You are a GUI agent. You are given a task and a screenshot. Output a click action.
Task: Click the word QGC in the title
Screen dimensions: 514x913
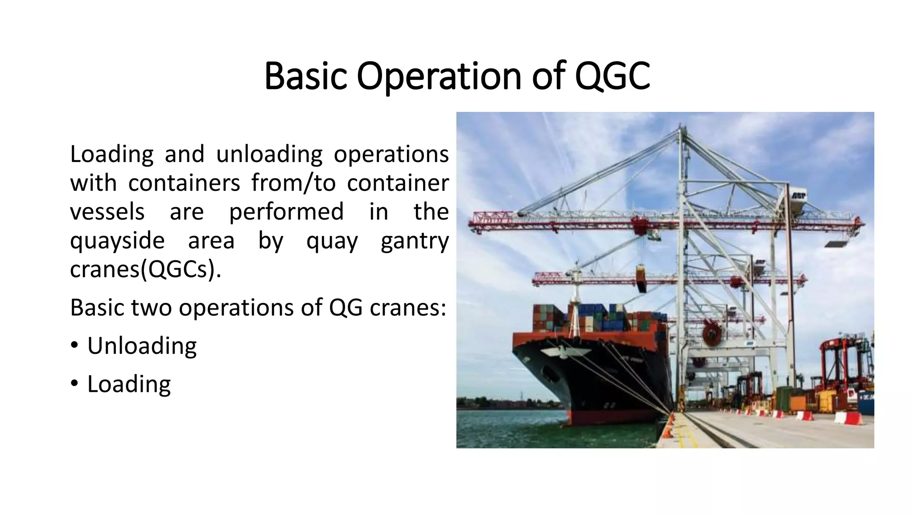coord(612,76)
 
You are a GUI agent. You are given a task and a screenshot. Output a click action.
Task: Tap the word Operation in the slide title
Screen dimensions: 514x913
coord(439,77)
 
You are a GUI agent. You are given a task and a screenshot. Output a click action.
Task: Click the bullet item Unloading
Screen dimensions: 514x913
coord(142,346)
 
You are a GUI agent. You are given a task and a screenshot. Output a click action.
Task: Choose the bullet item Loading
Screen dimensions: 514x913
coord(129,384)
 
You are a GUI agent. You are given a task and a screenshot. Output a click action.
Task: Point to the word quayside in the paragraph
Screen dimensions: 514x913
coord(117,241)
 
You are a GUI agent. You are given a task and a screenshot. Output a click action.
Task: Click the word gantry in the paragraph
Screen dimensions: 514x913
coord(415,241)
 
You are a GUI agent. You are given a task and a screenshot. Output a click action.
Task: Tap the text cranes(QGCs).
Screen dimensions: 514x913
coord(145,269)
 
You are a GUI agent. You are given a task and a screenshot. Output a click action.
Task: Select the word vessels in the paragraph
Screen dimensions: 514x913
coord(107,211)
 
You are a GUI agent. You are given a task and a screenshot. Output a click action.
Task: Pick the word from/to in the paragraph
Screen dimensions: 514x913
coord(293,183)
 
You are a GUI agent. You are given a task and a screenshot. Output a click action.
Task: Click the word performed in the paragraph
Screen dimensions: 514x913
coord(286,211)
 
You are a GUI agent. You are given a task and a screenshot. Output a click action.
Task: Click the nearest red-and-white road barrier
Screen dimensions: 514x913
coord(848,418)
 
